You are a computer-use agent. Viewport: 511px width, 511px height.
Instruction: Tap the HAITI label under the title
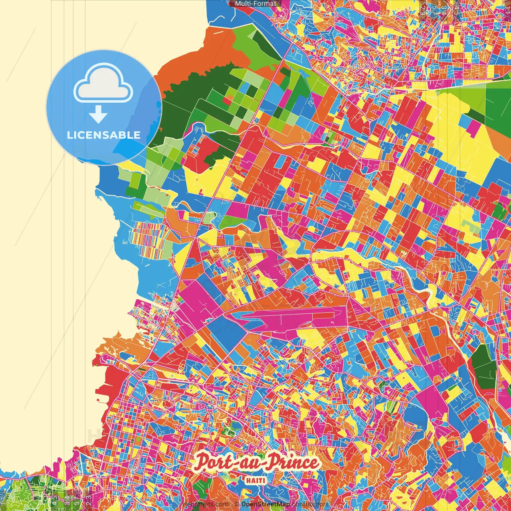[255, 480]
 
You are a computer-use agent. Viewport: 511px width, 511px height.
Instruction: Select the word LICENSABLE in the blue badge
[104, 135]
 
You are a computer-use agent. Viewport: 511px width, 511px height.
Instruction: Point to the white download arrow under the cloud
[98, 115]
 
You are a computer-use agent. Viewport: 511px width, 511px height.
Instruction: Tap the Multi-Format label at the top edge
[255, 4]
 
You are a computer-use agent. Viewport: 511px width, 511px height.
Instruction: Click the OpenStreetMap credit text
[265, 504]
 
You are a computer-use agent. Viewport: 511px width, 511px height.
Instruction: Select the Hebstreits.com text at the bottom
[205, 504]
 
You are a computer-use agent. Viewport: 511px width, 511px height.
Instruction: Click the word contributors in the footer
[310, 504]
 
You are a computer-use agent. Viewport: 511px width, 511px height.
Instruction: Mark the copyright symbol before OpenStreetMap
[237, 504]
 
